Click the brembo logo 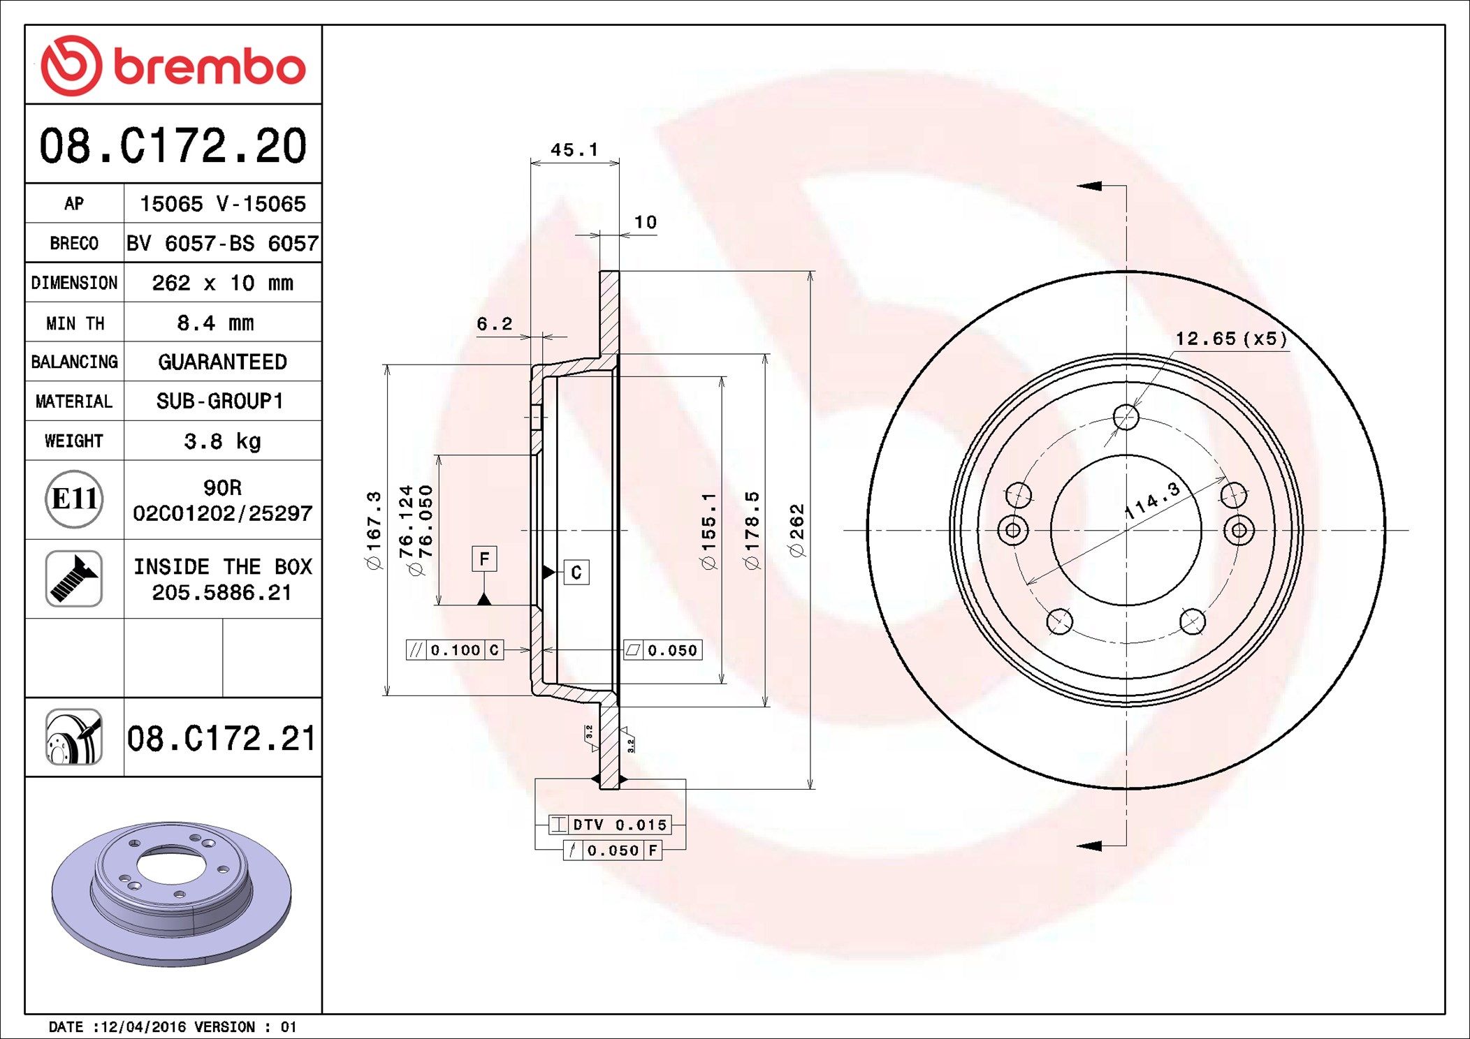(173, 66)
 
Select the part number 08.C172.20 (173, 146)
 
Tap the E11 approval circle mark (74, 499)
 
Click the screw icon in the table (74, 578)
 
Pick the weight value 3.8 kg (222, 441)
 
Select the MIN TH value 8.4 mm (215, 323)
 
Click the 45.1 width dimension (574, 150)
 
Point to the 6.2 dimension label (494, 324)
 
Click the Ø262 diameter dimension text (797, 530)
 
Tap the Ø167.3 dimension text (374, 530)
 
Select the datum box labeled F (484, 559)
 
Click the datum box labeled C (576, 573)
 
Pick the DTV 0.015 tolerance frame (610, 825)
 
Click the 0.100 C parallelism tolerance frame (455, 650)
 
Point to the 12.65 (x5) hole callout (1230, 339)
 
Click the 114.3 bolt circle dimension (1152, 500)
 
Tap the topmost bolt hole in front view (1126, 418)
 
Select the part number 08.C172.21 (221, 739)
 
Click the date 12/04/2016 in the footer (143, 1026)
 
